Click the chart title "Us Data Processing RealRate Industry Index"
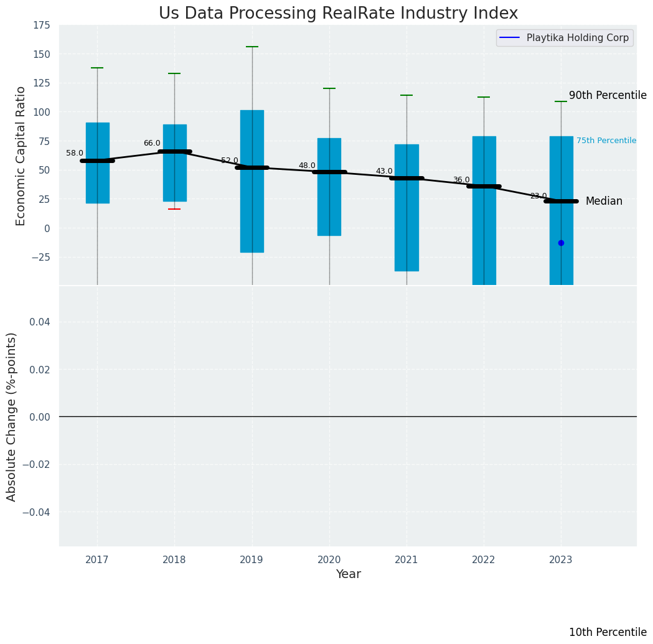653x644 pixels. point(338,14)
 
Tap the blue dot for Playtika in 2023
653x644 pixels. point(561,243)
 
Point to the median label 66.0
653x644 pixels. point(152,143)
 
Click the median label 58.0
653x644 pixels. point(75,153)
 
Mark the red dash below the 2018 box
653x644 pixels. point(174,209)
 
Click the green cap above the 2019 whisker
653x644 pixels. point(252,47)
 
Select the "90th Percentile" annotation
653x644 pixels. point(608,95)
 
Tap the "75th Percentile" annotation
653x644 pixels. point(606,141)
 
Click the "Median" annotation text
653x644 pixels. point(604,201)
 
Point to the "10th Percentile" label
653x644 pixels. point(608,632)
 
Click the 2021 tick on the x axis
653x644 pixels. point(406,560)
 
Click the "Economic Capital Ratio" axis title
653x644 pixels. point(21,156)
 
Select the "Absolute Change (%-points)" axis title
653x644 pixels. point(12,416)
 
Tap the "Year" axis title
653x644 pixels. point(349,574)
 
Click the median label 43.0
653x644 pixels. point(384,171)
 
